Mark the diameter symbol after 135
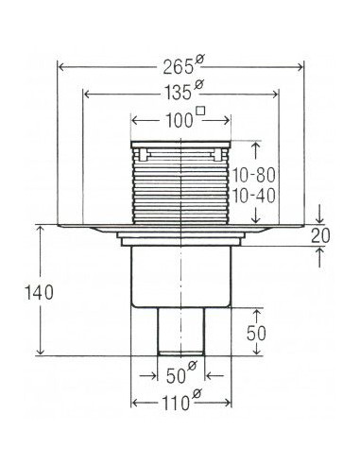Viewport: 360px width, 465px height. tap(197, 88)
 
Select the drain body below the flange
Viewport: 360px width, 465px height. tap(180, 274)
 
